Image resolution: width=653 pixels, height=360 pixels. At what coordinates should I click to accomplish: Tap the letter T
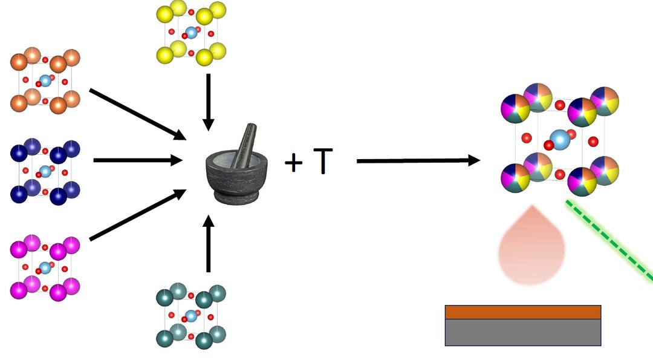(x=323, y=162)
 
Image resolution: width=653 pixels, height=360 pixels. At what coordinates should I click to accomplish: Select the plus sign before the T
(x=294, y=163)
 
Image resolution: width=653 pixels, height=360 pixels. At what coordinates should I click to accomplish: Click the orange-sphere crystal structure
(x=45, y=80)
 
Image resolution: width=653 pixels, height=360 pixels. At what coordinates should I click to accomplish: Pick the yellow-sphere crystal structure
(x=191, y=33)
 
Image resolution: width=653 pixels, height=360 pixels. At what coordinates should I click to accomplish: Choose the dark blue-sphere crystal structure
(x=45, y=171)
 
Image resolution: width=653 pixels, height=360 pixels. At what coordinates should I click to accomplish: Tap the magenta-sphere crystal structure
(x=45, y=267)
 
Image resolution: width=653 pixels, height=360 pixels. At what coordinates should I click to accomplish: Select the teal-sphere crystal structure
(x=191, y=316)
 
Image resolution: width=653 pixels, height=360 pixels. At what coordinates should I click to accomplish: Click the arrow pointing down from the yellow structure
(x=208, y=102)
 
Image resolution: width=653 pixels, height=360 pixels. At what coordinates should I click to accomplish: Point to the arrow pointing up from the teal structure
(x=208, y=244)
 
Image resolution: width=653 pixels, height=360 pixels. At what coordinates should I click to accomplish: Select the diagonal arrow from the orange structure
(x=138, y=114)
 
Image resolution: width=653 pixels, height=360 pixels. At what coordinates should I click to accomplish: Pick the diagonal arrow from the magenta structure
(x=138, y=215)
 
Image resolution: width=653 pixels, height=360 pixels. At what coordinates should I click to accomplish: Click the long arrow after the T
(x=418, y=160)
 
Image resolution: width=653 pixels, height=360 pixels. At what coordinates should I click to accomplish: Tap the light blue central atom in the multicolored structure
(x=560, y=139)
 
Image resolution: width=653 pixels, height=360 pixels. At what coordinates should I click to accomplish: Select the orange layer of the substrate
(x=523, y=312)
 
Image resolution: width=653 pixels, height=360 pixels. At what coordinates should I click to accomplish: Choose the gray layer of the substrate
(x=523, y=332)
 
